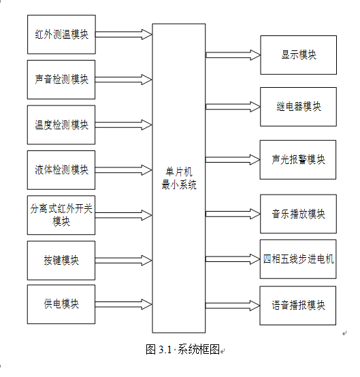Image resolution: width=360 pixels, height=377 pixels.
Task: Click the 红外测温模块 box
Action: [61, 35]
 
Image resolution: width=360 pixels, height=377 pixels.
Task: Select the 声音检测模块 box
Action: [61, 80]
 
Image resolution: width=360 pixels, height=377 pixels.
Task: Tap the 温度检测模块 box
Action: [61, 125]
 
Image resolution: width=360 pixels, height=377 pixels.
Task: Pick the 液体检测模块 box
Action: [61, 170]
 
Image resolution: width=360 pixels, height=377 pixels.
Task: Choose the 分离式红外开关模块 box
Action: [61, 215]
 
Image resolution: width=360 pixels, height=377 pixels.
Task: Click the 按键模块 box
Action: [61, 261]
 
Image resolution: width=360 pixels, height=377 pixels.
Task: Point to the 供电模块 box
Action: [61, 304]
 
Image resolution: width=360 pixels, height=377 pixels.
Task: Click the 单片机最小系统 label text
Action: [179, 178]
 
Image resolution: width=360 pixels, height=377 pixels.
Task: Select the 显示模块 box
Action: [299, 55]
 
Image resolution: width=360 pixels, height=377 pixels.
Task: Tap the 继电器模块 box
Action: [299, 107]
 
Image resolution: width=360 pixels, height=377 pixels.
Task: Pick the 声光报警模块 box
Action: [298, 160]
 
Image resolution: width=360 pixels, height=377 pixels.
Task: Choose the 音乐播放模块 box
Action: [299, 214]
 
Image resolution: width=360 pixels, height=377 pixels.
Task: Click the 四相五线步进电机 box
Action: [298, 259]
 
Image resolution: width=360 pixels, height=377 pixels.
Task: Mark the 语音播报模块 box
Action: [298, 306]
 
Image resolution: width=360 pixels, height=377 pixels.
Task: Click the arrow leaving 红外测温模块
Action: [124, 35]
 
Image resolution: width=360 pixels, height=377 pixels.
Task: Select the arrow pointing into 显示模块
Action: [233, 55]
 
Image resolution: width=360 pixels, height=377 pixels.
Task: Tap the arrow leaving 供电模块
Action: [124, 304]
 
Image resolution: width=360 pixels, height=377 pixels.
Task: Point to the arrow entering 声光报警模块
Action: [233, 160]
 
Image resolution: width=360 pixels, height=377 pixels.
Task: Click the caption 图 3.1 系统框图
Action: [183, 350]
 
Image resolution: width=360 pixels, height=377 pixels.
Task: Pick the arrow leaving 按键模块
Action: [124, 261]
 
